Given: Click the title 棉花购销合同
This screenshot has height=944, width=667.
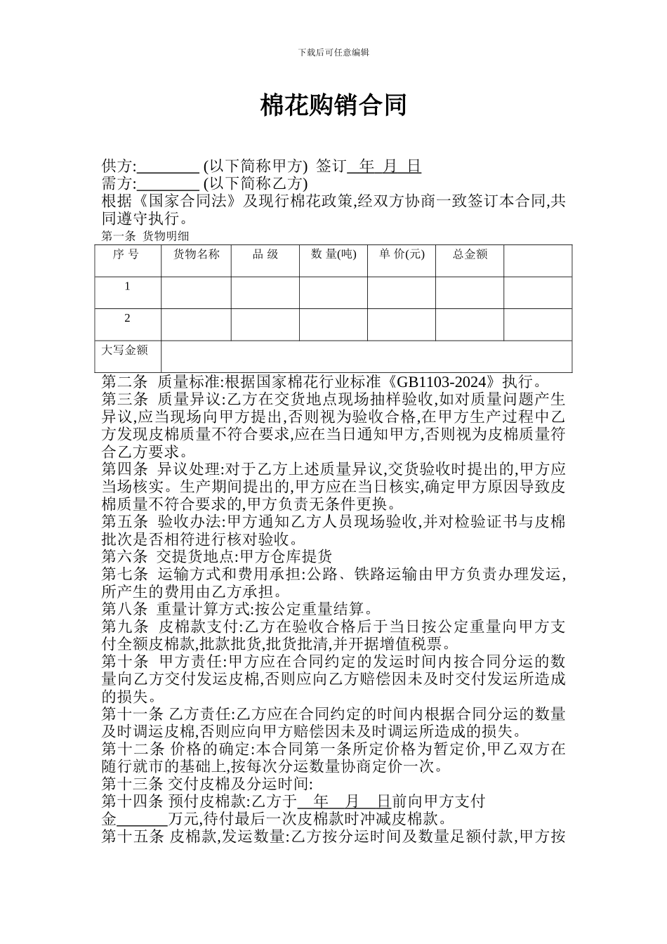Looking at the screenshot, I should point(333,106).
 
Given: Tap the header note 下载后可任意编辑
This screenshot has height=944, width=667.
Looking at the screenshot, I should point(333,52).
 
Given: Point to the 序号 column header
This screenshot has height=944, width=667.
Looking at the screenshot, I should point(127,254).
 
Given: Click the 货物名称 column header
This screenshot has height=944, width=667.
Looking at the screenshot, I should point(196,254).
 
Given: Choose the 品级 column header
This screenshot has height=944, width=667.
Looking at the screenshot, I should point(265,254).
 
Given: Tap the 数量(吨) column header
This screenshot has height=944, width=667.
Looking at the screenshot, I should point(333,254).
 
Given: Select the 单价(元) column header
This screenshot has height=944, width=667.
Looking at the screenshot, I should point(402,254).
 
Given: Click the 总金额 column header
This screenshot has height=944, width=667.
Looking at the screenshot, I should point(470,254).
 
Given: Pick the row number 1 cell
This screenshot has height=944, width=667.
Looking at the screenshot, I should point(127,287).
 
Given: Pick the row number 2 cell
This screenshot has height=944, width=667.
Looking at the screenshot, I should point(127,318).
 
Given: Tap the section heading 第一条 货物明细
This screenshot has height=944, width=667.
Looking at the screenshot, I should point(145,236).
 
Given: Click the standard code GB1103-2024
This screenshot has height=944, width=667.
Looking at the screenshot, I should point(442,382).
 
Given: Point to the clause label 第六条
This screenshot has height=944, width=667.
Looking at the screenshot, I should point(124,557).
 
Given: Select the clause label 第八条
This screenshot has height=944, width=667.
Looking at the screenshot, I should point(124,609).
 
